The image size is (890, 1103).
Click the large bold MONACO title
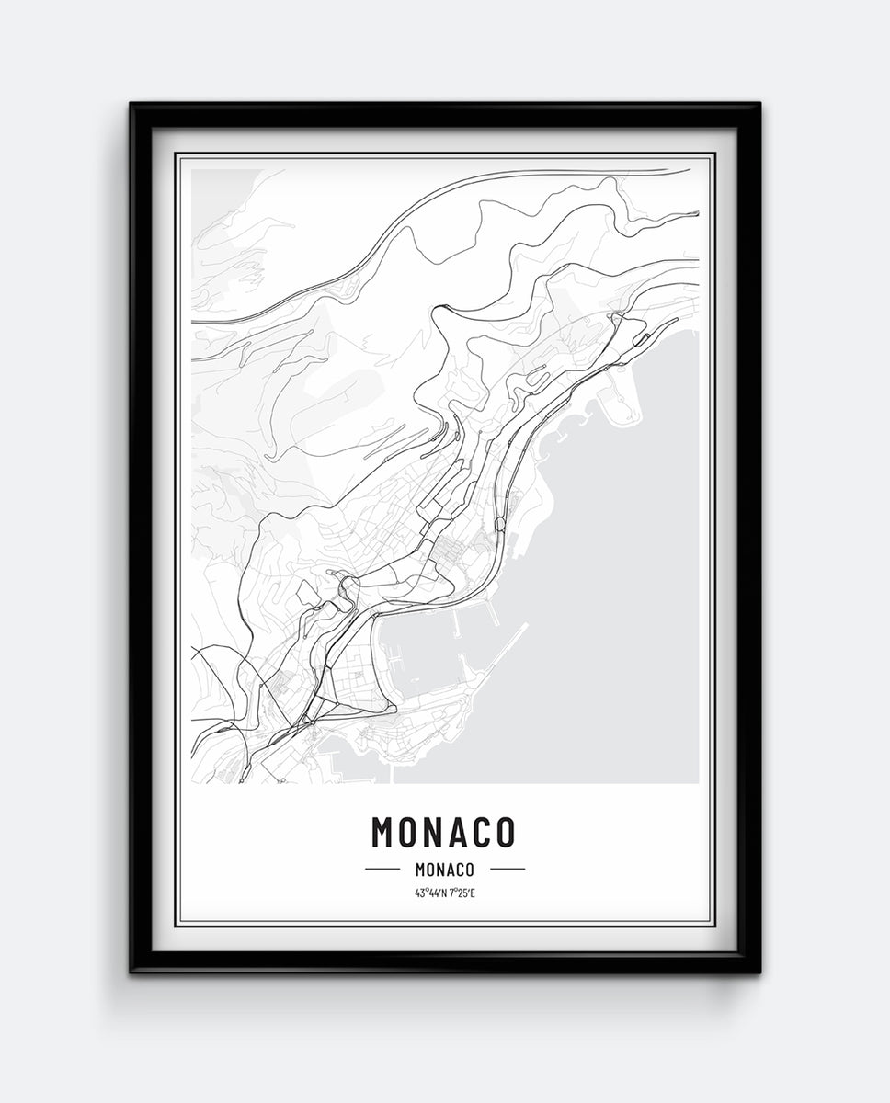coord(443,832)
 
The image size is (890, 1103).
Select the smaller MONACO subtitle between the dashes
coord(444,869)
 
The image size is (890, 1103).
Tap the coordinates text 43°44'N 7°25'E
coord(444,893)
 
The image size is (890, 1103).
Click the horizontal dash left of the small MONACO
coord(382,869)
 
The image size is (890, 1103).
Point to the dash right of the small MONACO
coord(507,869)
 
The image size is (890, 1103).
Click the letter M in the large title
coord(384,832)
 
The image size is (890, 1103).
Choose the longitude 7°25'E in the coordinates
coord(462,893)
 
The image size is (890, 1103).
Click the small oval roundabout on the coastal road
coord(499,525)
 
